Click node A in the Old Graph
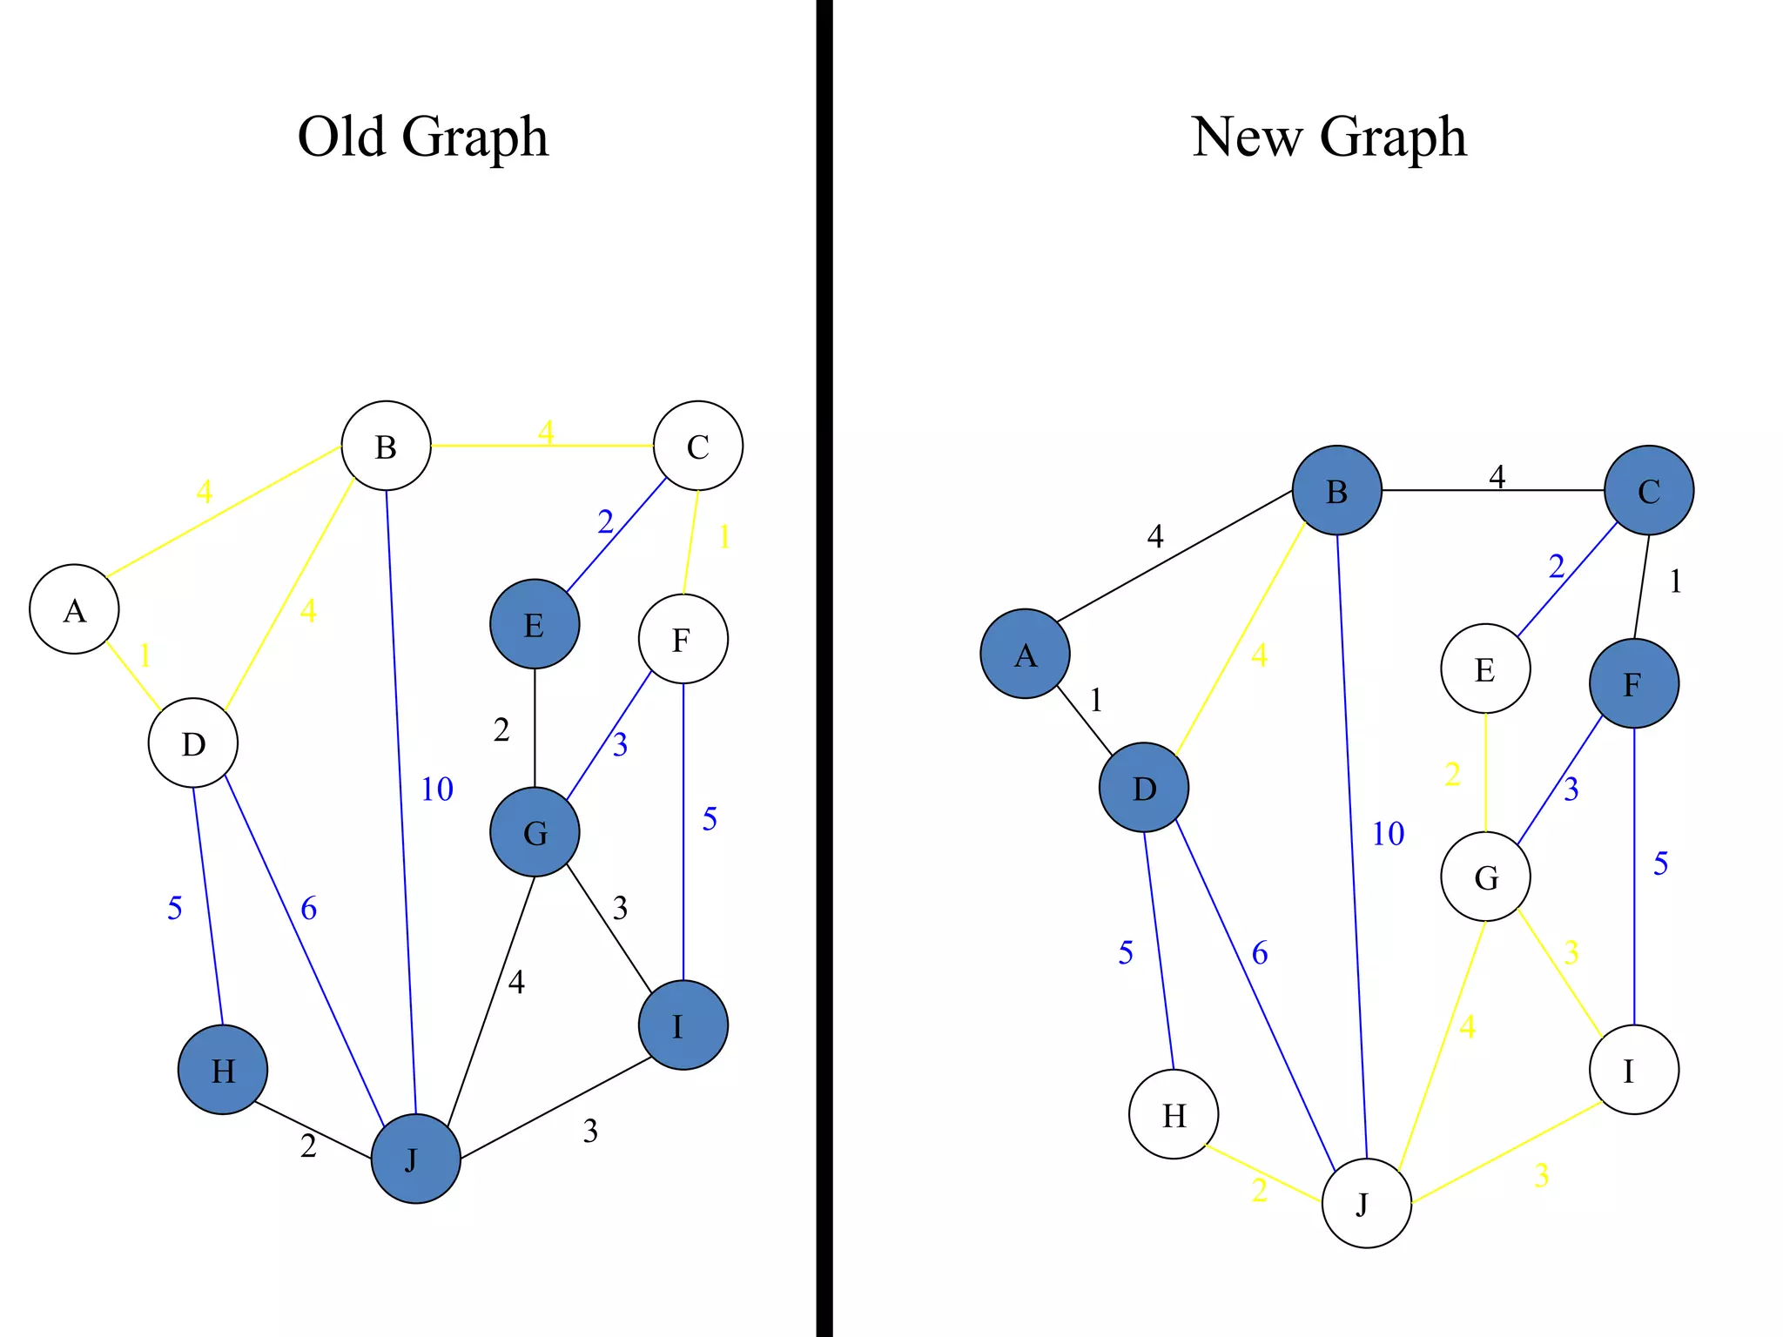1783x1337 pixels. click(74, 609)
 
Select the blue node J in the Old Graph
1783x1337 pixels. click(415, 1159)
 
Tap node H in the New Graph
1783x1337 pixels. click(1173, 1114)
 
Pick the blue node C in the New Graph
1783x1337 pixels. click(1649, 490)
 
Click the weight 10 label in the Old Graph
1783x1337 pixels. click(437, 789)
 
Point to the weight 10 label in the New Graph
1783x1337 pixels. click(1388, 834)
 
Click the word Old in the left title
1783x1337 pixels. click(341, 137)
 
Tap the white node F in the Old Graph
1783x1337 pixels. click(683, 639)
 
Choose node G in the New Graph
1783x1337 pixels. click(1485, 877)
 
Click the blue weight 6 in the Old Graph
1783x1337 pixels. click(308, 909)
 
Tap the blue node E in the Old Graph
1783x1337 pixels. click(535, 624)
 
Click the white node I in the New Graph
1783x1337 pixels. click(1633, 1070)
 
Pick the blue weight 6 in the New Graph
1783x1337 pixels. click(1259, 953)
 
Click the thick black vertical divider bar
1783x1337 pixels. click(824, 668)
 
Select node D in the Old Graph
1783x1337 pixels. click(192, 742)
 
